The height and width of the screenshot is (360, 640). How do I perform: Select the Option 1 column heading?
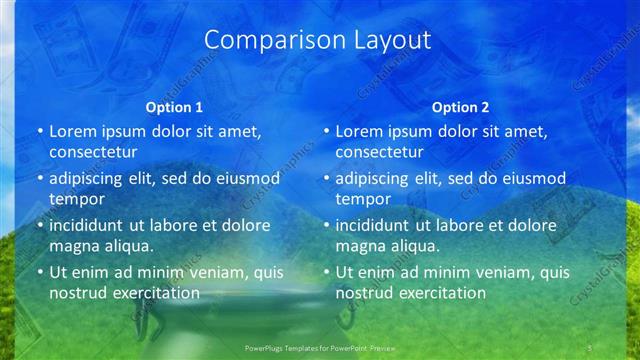[x=174, y=107]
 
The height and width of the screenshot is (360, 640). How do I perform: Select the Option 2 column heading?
[x=460, y=107]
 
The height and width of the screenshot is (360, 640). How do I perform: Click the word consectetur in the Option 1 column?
[x=93, y=152]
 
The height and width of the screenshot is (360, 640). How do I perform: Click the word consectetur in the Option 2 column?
[x=379, y=152]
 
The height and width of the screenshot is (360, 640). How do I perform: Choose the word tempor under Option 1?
[x=74, y=198]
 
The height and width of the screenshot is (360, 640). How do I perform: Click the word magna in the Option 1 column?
[x=73, y=245]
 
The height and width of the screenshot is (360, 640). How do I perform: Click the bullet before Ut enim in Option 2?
[x=326, y=272]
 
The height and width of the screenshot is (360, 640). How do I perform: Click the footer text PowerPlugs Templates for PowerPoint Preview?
[x=319, y=347]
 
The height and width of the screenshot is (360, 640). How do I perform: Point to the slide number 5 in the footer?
[x=590, y=347]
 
